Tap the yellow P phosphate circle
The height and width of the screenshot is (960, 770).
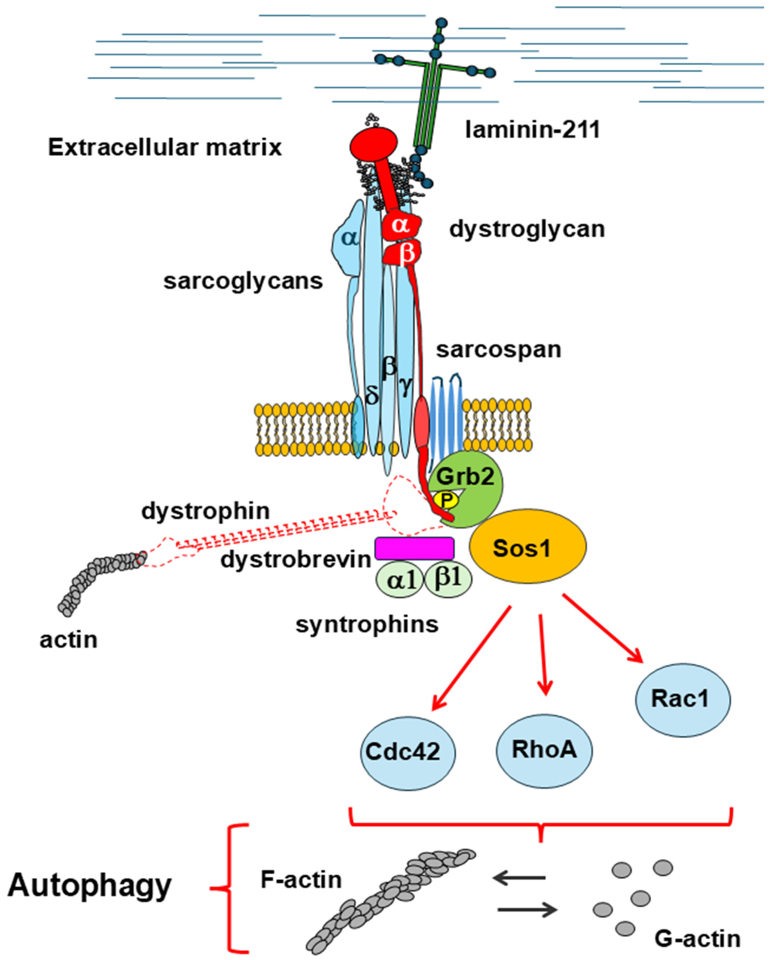pyautogui.click(x=447, y=501)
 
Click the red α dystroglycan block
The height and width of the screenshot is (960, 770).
pyautogui.click(x=401, y=227)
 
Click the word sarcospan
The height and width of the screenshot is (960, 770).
pyautogui.click(x=499, y=349)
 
